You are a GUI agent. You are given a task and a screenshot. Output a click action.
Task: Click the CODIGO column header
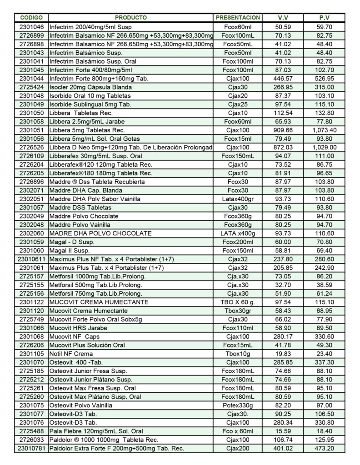(31, 18)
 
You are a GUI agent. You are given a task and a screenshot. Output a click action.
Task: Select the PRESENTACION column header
(238, 18)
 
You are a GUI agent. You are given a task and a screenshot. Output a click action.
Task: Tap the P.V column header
(324, 18)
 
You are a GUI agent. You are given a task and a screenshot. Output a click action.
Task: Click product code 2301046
(32, 27)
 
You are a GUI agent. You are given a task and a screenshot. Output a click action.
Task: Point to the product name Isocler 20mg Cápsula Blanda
(90, 87)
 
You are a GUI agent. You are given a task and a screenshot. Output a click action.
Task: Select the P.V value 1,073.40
(325, 130)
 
